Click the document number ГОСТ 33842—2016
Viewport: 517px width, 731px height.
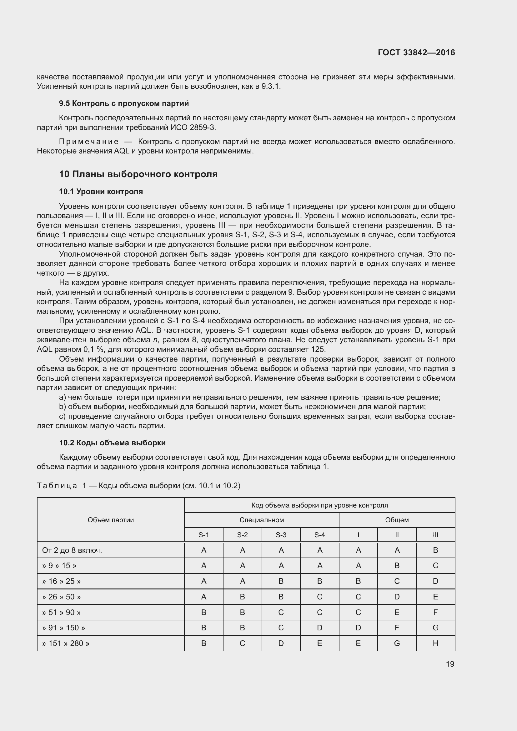[x=416, y=53]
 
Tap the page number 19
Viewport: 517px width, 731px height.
[x=450, y=664]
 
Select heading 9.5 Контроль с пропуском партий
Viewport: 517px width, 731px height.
[x=124, y=103]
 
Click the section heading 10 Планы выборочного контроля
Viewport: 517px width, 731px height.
[x=138, y=174]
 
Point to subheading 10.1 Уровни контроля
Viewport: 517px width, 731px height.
[x=101, y=192]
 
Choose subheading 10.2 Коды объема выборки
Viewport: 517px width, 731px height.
[x=113, y=443]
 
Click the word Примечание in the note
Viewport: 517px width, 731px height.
[x=89, y=142]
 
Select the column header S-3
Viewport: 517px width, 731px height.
[x=281, y=535]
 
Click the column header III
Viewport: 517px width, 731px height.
[x=435, y=535]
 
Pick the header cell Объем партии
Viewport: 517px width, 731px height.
[x=110, y=520]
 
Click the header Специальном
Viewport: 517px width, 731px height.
[x=261, y=520]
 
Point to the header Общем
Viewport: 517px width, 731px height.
[x=397, y=520]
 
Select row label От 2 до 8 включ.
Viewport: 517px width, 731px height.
[x=72, y=550]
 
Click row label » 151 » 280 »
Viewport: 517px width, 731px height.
[x=66, y=643]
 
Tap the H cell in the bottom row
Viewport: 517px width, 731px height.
[x=435, y=643]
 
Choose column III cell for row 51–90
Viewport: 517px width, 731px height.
[x=435, y=612]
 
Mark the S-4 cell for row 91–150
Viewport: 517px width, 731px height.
[x=320, y=628]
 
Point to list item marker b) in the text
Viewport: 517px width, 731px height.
[x=63, y=407]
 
